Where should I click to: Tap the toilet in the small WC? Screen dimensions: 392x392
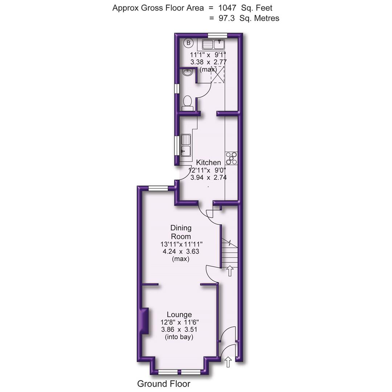(188, 102)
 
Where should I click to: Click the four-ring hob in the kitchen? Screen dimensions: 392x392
(232, 158)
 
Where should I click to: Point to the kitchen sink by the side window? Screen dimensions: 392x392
(186, 144)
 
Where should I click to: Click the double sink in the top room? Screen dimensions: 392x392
(214, 45)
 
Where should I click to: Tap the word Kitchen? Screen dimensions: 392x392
(208, 162)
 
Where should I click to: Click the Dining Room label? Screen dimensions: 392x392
(181, 232)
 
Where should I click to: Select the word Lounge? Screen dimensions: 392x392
(179, 314)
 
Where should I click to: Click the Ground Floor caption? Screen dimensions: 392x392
(163, 384)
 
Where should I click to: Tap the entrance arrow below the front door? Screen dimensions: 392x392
(228, 362)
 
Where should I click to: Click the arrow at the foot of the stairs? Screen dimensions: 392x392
(230, 271)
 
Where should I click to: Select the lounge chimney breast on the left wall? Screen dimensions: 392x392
(145, 320)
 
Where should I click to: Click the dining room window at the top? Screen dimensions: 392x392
(158, 188)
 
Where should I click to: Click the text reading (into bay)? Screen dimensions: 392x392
(179, 337)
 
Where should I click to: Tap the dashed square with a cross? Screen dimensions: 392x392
(218, 75)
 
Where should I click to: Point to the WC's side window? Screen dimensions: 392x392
(177, 89)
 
